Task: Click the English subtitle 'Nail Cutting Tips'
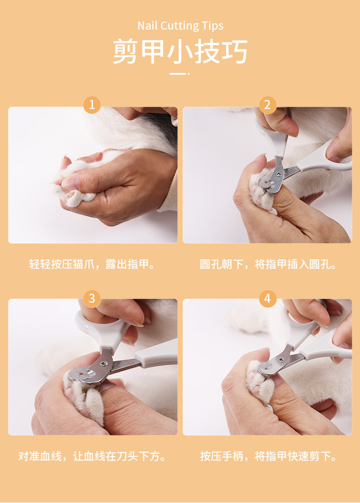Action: [x=180, y=26]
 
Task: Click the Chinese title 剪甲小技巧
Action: [x=180, y=52]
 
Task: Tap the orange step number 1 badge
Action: [x=92, y=105]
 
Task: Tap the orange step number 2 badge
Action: [x=267, y=105]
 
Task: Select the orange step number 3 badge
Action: [x=92, y=299]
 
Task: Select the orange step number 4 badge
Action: [x=267, y=299]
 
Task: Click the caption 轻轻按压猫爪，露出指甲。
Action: [x=92, y=264]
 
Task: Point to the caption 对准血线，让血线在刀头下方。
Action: [x=92, y=456]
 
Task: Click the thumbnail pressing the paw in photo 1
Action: [x=70, y=183]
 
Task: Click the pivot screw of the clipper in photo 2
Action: [x=279, y=174]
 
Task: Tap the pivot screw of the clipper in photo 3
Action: [x=104, y=363]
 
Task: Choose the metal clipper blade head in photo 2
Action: [x=273, y=177]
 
